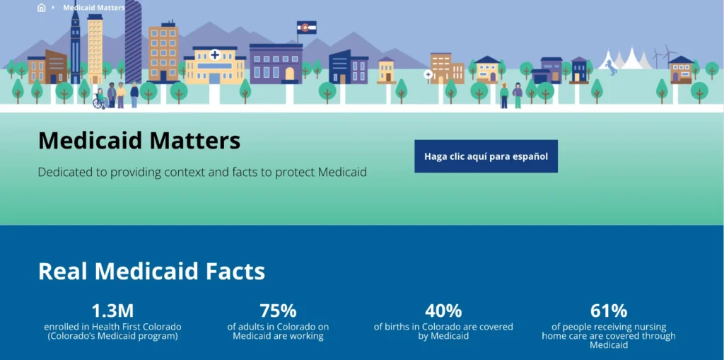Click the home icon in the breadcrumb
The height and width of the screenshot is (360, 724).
pos(41,8)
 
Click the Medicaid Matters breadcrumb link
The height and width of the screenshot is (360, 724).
pos(93,8)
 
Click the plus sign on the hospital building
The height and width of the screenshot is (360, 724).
pos(215,54)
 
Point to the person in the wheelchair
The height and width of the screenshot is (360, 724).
pos(99,100)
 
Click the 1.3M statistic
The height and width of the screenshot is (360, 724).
pos(112,310)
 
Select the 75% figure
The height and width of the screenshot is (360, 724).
pos(278,310)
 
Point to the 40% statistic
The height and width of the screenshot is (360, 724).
pos(443,310)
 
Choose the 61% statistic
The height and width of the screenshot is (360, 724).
pos(609,310)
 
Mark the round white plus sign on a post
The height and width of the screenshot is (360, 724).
pos(428,74)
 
